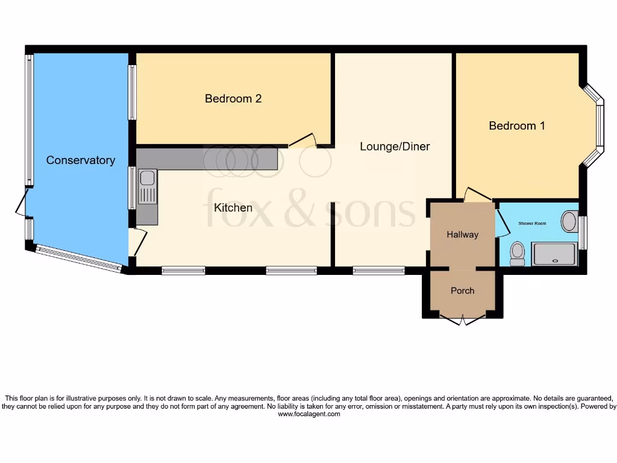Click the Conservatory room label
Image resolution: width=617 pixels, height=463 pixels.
pos(80,160)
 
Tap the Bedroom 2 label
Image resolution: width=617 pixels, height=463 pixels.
pos(233,98)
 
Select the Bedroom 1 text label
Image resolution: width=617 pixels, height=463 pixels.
pos(517,126)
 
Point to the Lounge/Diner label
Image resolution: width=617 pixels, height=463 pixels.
pos(395,146)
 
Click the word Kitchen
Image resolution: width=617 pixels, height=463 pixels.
pos(233,208)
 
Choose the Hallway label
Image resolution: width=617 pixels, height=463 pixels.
pos(462,235)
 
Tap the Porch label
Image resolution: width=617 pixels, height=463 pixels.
pos(462,291)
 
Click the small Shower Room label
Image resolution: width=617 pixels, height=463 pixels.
pos(532,224)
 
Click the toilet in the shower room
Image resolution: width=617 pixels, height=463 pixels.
pos(517,253)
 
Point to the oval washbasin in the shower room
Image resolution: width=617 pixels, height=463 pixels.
pos(569,221)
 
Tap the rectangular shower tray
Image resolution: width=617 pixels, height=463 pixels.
pos(554,253)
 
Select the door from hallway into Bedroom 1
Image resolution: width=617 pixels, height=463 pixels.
pos(478,195)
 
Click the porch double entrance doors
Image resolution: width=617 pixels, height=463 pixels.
pos(462,320)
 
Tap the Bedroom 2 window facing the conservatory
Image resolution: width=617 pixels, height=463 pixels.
pos(132,92)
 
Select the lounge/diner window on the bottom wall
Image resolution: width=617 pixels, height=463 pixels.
pos(378,271)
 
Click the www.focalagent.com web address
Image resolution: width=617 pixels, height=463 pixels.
pos(308,414)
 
